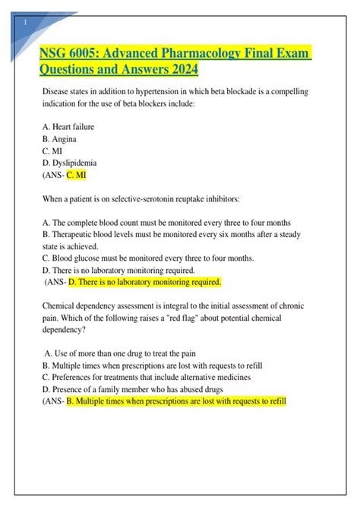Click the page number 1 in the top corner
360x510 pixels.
27,22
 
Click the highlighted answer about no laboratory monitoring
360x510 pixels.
144,282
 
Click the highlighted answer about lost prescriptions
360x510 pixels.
175,401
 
